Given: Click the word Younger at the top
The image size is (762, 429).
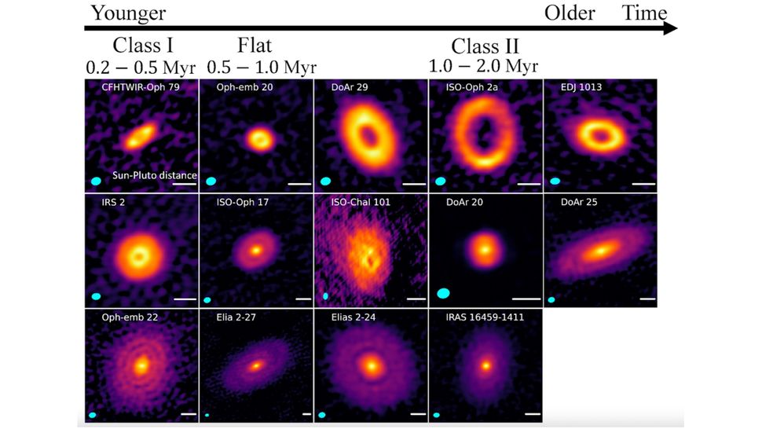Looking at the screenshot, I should (128, 13).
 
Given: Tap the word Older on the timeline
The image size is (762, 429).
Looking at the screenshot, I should (570, 13).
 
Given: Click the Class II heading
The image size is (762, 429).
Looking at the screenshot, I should (485, 46).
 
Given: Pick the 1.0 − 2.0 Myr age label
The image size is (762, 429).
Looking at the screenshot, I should (484, 66).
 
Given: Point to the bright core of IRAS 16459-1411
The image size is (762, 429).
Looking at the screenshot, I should (486, 365).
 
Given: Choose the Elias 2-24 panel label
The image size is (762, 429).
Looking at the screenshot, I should (351, 318).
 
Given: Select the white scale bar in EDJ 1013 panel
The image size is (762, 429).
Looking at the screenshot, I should (642, 185).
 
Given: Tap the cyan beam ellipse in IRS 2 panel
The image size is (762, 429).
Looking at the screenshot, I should (97, 296).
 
